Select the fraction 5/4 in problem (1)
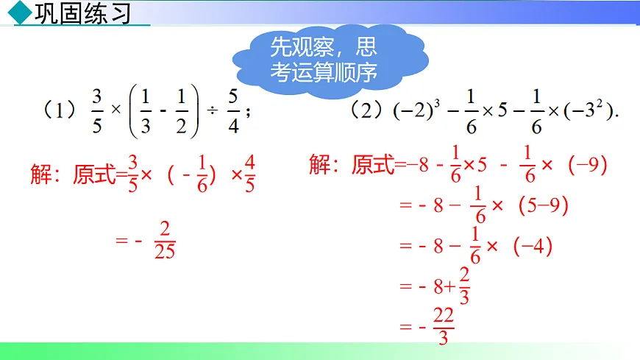coord(233,111)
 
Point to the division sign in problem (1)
coord(212,111)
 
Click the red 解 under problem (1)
coord(41,174)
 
